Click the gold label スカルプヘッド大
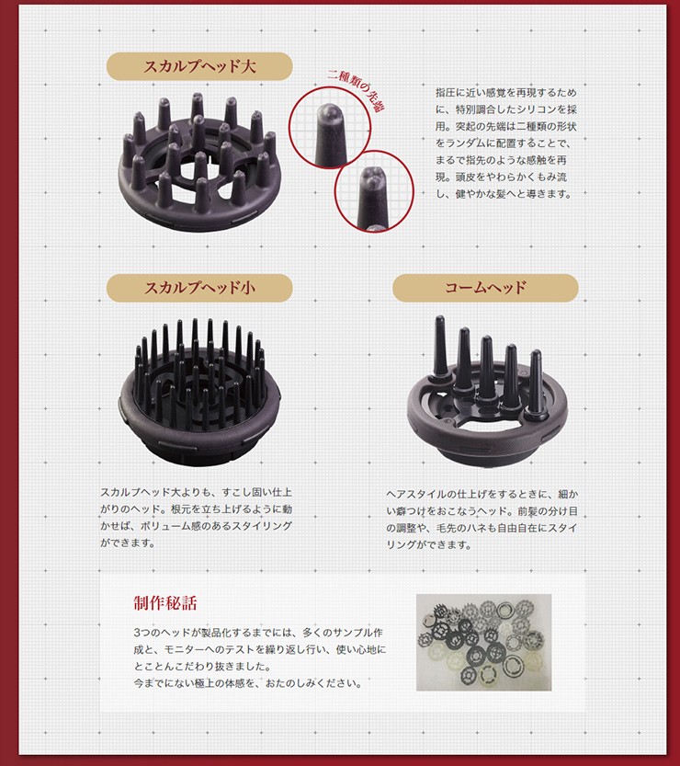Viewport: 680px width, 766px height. (x=199, y=66)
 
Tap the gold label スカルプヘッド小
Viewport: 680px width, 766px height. (x=199, y=288)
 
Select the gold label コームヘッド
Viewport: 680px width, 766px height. (x=485, y=288)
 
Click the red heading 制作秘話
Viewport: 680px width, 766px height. (x=165, y=603)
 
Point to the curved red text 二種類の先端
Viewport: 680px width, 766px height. (x=355, y=88)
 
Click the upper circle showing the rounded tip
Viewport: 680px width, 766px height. (x=330, y=128)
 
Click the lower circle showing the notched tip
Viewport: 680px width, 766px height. (x=374, y=191)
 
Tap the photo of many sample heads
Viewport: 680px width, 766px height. (x=483, y=643)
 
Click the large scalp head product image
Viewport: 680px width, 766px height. (x=199, y=161)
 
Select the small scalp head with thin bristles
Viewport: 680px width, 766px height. (x=199, y=391)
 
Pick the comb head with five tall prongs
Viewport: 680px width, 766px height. (x=487, y=391)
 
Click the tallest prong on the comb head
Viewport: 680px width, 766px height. (x=440, y=346)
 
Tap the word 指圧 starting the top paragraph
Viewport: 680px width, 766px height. (x=445, y=92)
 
